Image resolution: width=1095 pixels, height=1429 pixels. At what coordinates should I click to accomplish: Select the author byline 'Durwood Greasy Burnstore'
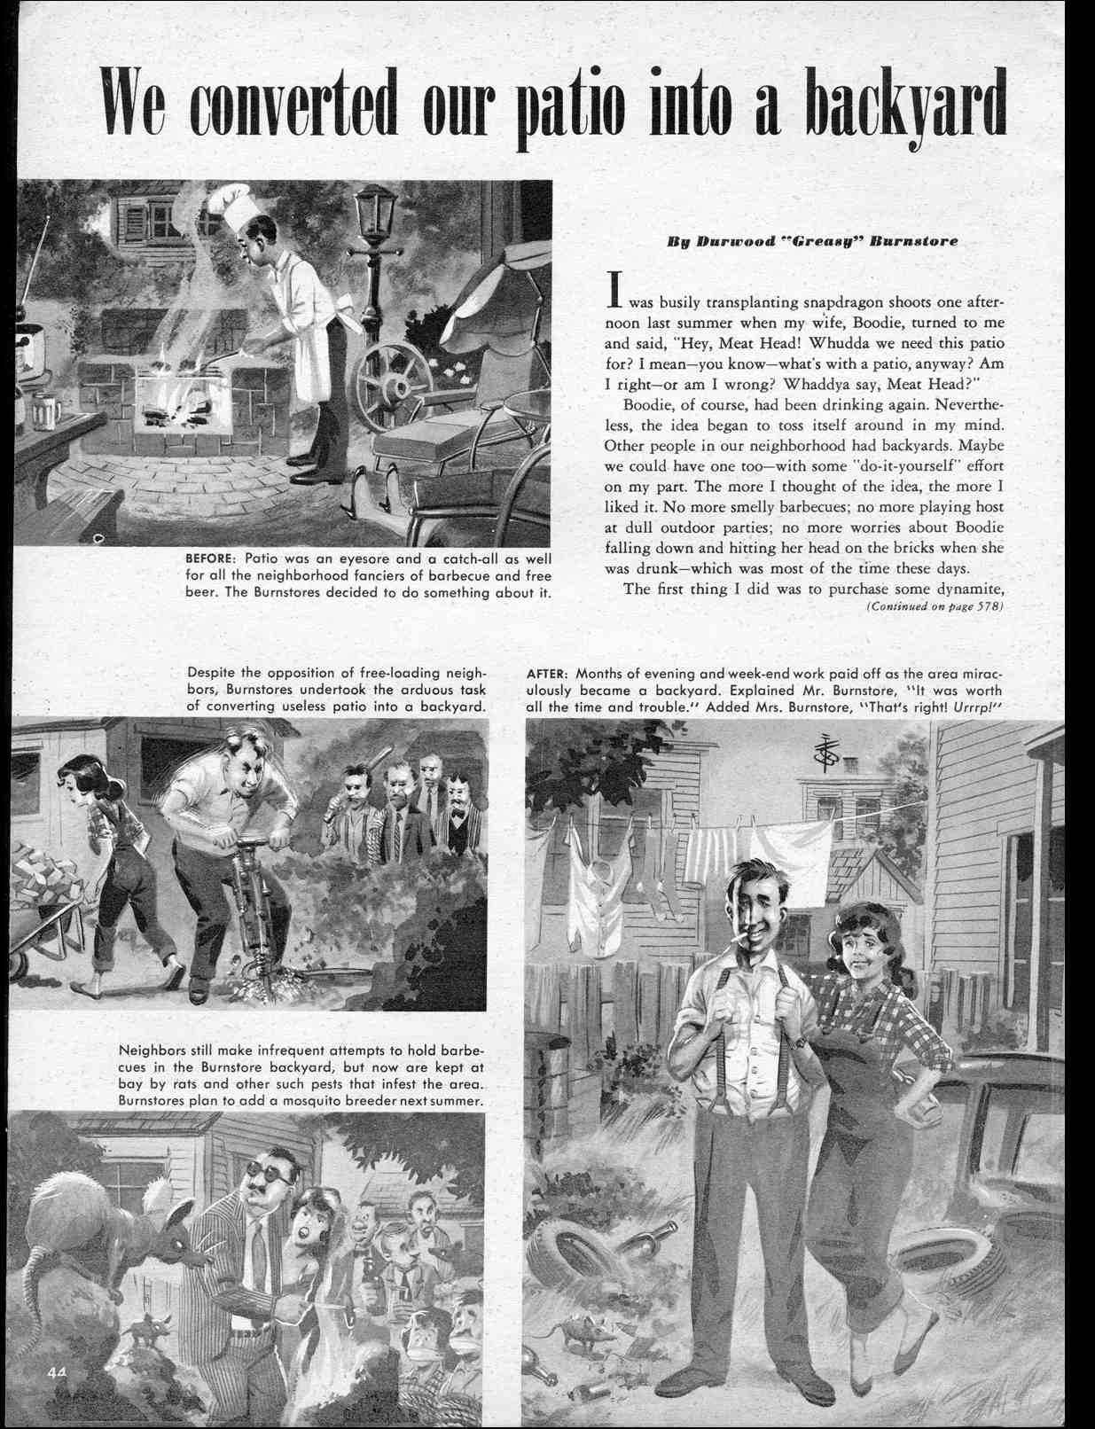click(x=812, y=241)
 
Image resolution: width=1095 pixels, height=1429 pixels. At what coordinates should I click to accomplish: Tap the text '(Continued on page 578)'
click(x=934, y=607)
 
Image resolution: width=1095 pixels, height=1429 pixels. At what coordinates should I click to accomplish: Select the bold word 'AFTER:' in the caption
click(x=547, y=674)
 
